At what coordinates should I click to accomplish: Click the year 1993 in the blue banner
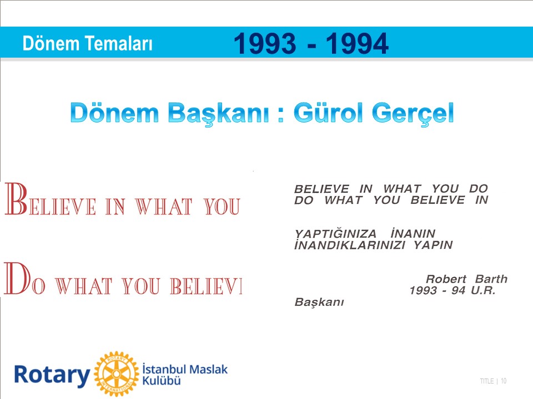pyautogui.click(x=265, y=43)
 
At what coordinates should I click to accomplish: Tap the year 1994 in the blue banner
pyautogui.click(x=357, y=43)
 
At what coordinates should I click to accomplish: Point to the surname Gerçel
pyautogui.click(x=413, y=114)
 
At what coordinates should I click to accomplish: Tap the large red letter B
pyautogui.click(x=16, y=199)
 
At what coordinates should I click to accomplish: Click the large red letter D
pyautogui.click(x=17, y=278)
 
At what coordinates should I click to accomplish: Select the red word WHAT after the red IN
pyautogui.click(x=163, y=207)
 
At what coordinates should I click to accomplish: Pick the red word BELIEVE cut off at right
pyautogui.click(x=207, y=286)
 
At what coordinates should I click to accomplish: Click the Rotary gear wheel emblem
pyautogui.click(x=117, y=374)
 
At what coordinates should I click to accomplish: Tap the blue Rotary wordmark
pyautogui.click(x=52, y=376)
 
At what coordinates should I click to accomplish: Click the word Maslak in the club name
pyautogui.click(x=208, y=369)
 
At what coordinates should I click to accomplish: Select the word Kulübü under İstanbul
pyautogui.click(x=162, y=381)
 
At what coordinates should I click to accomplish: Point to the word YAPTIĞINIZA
pyautogui.click(x=335, y=234)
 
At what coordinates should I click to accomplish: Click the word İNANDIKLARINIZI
pyautogui.click(x=350, y=245)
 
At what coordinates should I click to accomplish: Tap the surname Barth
pyautogui.click(x=491, y=279)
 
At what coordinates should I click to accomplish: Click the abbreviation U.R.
pyautogui.click(x=483, y=290)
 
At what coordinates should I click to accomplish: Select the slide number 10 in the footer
pyautogui.click(x=504, y=381)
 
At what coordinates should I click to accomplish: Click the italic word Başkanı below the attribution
pyautogui.click(x=319, y=303)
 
